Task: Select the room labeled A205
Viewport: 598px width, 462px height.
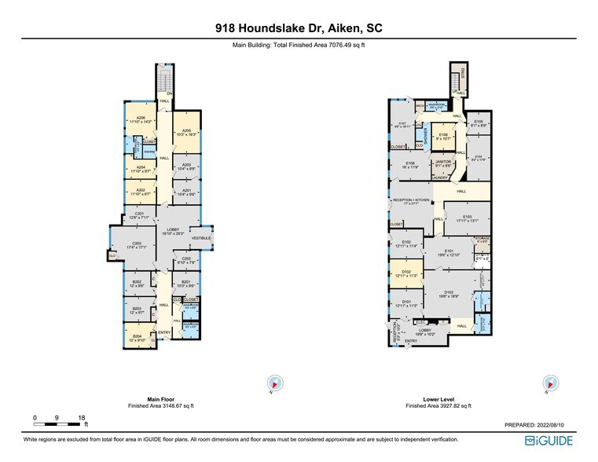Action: click(187, 133)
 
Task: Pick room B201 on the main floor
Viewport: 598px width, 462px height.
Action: click(187, 284)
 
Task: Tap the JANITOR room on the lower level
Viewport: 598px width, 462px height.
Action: click(442, 163)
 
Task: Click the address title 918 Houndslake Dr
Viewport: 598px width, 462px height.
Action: click(298, 27)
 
